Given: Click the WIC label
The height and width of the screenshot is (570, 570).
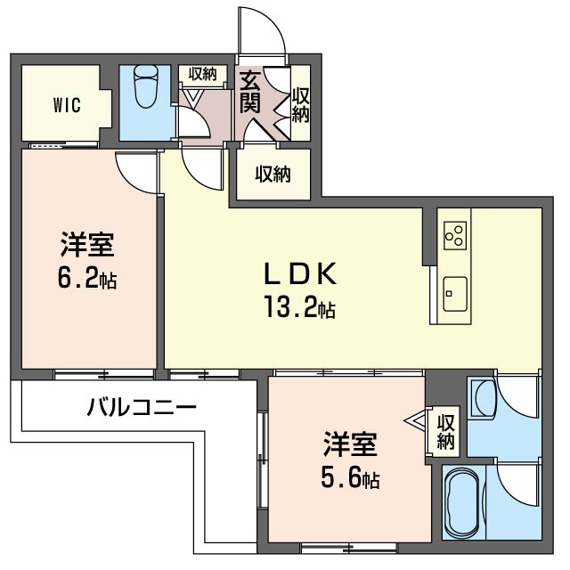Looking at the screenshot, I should pos(67,105).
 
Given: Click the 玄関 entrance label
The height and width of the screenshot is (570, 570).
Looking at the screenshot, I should pos(250,91).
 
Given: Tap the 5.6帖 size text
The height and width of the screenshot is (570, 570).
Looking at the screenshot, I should pos(349,479).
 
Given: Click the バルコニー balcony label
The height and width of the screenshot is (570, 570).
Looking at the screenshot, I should pos(142,409).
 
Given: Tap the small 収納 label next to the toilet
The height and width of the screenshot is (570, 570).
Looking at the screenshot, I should pos(203,74).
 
